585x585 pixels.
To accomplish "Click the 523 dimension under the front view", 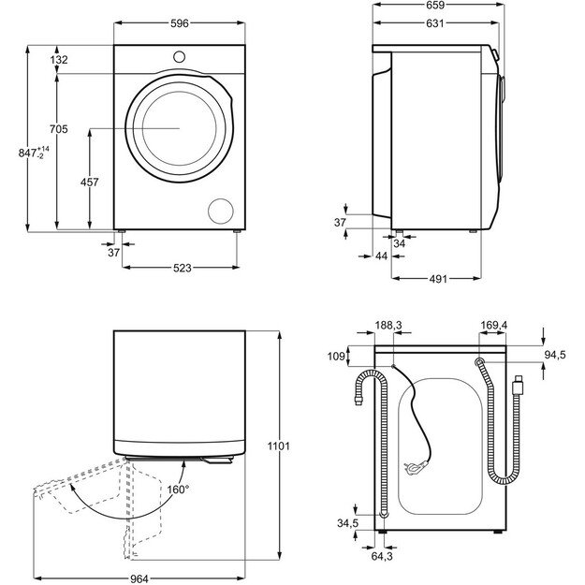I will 182,269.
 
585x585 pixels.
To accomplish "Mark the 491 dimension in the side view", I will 438,278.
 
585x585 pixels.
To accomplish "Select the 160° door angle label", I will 178,489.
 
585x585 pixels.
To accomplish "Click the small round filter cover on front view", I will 222,211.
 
